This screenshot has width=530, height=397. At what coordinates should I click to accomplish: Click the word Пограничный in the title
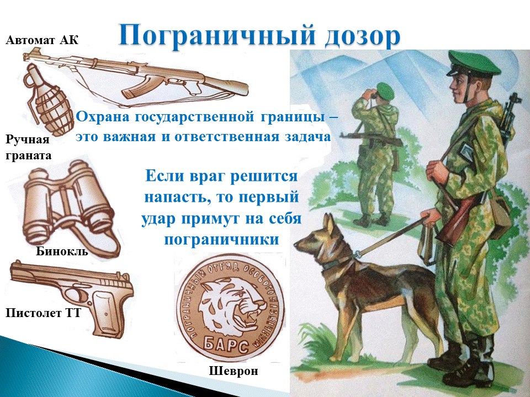tap(216, 35)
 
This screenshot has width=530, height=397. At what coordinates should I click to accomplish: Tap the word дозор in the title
tap(362, 36)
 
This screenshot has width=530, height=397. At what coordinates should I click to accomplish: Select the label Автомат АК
tap(42, 40)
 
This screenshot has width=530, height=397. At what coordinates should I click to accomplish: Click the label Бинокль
tap(62, 251)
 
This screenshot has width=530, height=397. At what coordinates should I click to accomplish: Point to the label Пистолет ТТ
tap(43, 313)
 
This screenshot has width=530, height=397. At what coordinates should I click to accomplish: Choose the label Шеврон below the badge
tap(233, 371)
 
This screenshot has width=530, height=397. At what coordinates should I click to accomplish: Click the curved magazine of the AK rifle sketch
tap(136, 89)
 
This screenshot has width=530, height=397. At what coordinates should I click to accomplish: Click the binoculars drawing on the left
tap(70, 206)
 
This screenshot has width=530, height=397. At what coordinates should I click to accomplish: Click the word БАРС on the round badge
tap(226, 344)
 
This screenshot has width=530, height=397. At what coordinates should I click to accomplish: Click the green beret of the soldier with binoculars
tap(386, 90)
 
